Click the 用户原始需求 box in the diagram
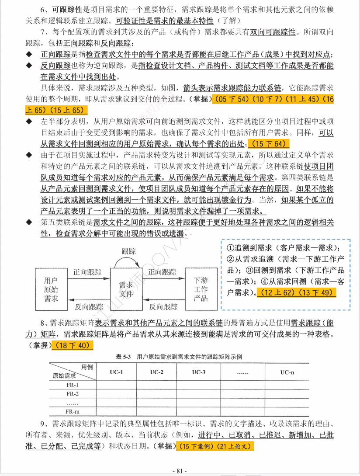(51, 289)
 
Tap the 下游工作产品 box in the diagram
(201, 289)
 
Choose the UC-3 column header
(199, 372)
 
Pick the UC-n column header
(287, 372)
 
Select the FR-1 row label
(72, 385)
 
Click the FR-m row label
(72, 411)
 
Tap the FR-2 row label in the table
(72, 394)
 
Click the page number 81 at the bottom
(180, 471)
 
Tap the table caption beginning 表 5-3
(179, 357)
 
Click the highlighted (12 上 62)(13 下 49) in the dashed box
(296, 292)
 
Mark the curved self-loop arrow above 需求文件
(126, 262)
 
